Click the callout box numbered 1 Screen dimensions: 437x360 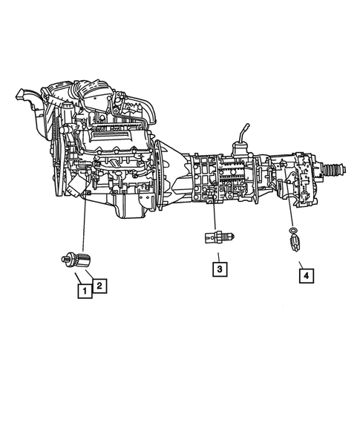click(85, 291)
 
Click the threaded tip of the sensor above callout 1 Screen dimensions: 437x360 click(65, 260)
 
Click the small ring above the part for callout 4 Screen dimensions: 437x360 click(295, 233)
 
